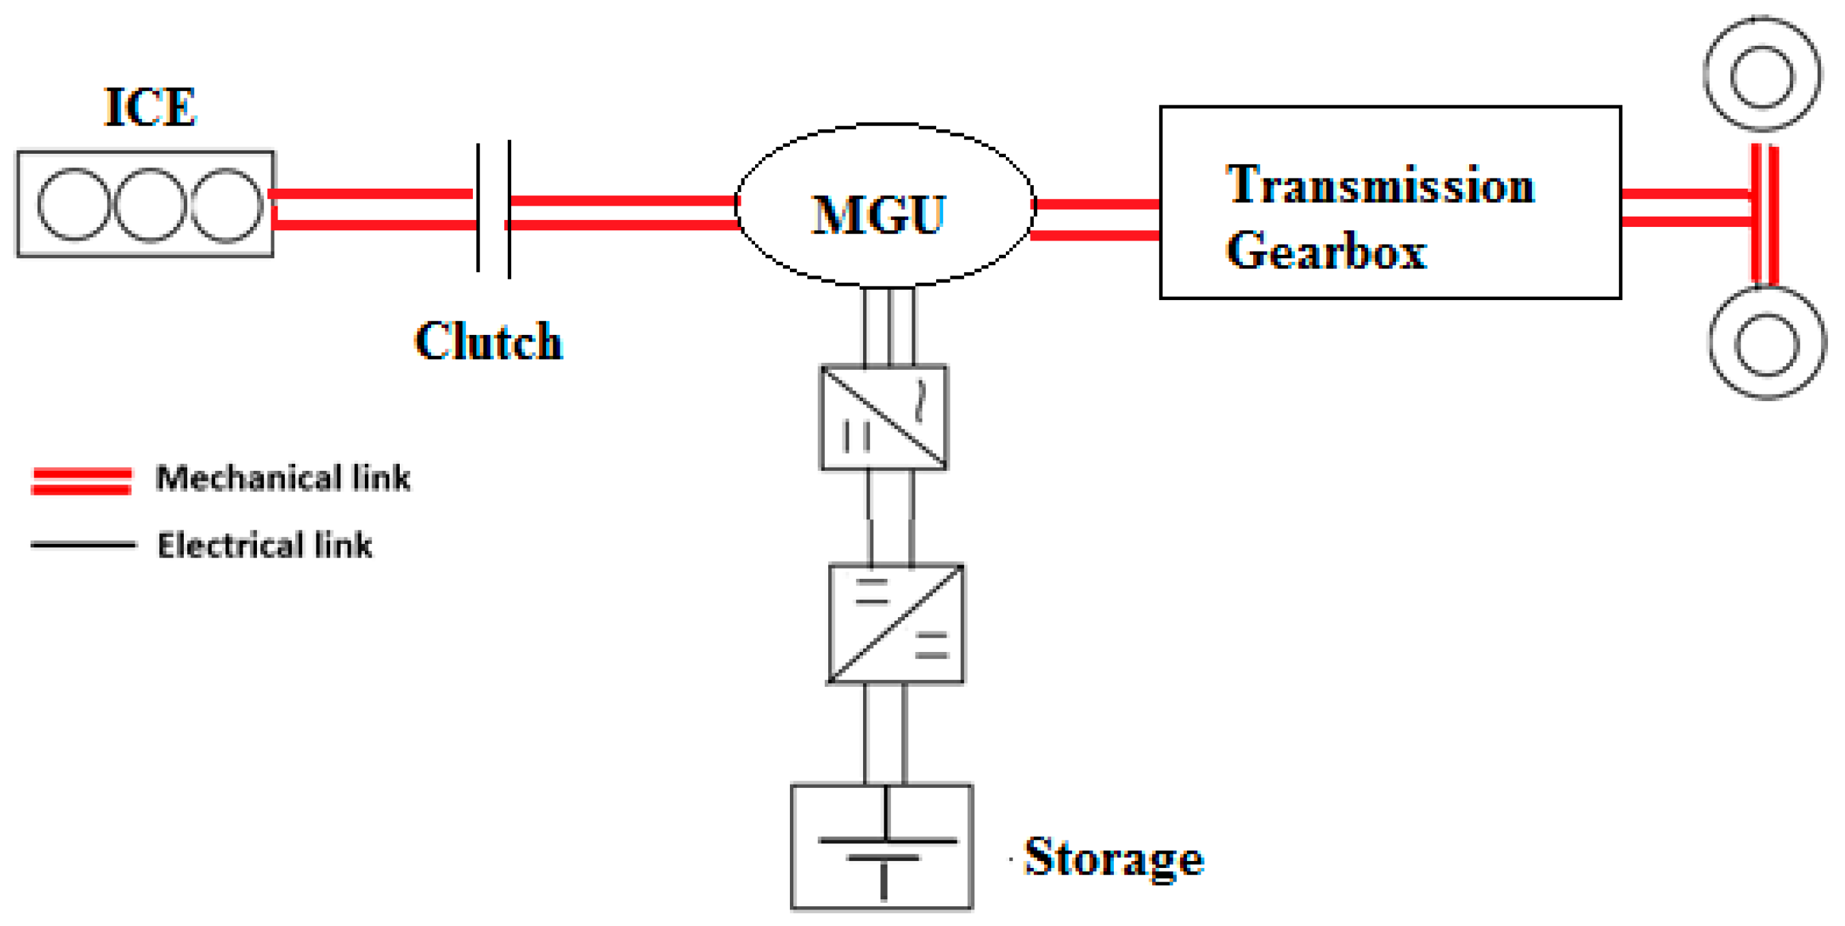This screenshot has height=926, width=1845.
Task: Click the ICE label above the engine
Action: point(150,107)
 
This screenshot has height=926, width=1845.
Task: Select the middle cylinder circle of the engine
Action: point(150,205)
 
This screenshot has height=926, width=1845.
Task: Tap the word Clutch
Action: point(489,342)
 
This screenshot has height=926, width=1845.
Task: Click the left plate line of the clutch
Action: point(478,208)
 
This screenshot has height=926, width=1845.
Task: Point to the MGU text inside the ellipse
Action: point(879,214)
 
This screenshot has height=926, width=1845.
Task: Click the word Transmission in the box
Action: point(1380,185)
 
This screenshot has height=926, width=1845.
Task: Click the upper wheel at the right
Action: point(1762,75)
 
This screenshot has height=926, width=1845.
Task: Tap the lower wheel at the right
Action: point(1767,344)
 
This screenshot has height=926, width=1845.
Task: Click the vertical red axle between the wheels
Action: point(1764,215)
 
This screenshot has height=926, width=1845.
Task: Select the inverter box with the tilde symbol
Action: point(884,418)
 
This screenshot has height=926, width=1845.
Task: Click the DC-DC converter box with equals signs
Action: point(895,623)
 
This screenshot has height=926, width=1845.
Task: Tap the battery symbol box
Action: point(881,847)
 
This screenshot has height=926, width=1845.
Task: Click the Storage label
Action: point(1114,857)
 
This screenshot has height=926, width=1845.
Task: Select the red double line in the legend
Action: point(81,480)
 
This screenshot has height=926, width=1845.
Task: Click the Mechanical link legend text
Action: point(283,478)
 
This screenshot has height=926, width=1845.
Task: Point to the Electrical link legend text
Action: point(264,546)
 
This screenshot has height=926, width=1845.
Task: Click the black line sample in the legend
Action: point(83,545)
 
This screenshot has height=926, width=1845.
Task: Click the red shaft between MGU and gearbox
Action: point(1095,219)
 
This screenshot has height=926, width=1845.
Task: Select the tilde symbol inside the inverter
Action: point(921,401)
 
